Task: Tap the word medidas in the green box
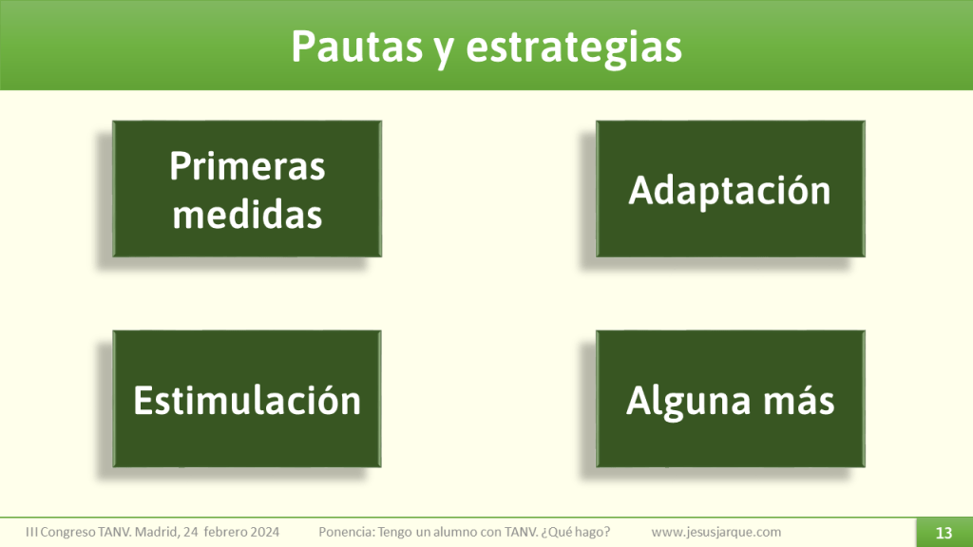tap(247, 215)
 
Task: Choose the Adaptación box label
tap(730, 190)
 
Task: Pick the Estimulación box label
tap(247, 400)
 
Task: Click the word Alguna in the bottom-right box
tap(685, 400)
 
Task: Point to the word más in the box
tap(801, 400)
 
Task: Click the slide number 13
tap(944, 532)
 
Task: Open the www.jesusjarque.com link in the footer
tap(716, 532)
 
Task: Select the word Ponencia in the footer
tap(347, 532)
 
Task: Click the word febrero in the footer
tap(221, 532)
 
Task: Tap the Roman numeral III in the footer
tap(32, 532)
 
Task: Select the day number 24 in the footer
tap(192, 532)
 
